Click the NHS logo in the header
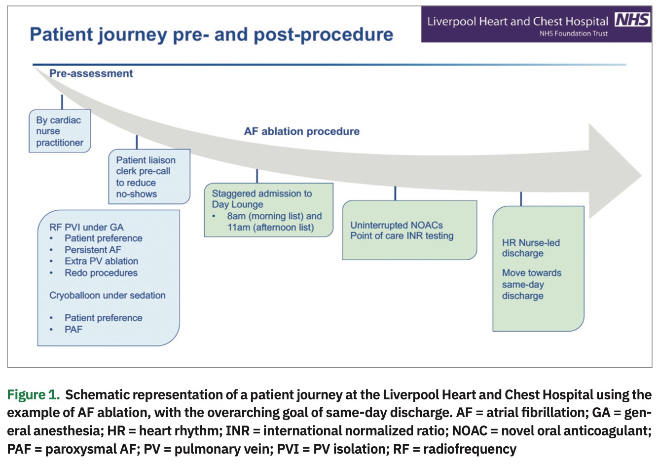[633, 20]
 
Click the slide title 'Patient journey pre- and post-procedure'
[212, 35]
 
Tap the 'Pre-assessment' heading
[91, 74]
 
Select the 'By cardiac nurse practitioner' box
[60, 131]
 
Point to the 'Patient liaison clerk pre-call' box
[149, 177]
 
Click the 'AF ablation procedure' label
[302, 131]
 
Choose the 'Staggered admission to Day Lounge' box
[269, 210]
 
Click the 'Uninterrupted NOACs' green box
[409, 230]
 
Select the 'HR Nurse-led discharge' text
[531, 248]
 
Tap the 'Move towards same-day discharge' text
[531, 284]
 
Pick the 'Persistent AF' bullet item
[93, 250]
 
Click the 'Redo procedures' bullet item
[101, 273]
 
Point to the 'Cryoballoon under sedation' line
[108, 295]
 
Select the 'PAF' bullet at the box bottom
[73, 329]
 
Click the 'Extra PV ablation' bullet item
[101, 261]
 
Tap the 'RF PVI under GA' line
[86, 227]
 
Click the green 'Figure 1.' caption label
[33, 395]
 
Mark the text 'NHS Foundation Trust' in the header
[573, 34]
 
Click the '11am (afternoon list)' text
[270, 228]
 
